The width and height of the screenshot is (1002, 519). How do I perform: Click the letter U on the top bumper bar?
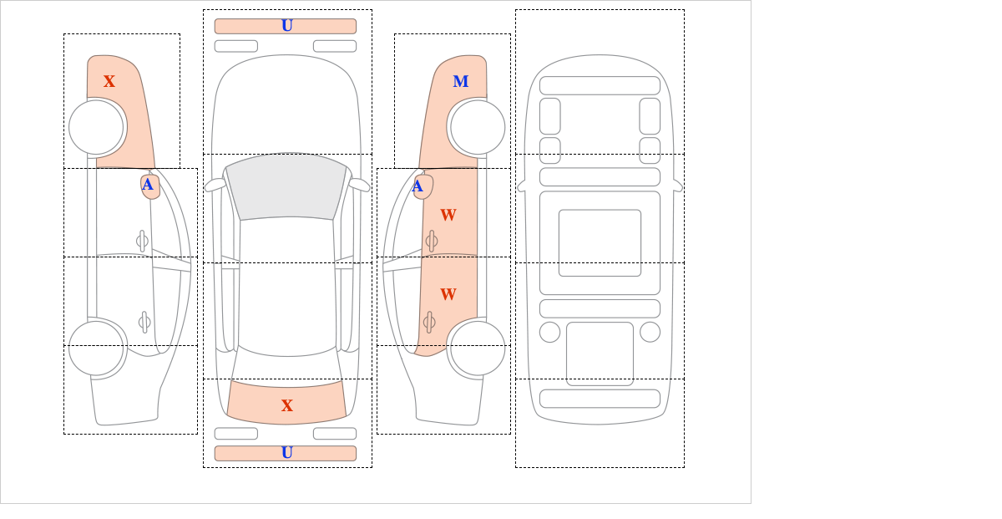(287, 26)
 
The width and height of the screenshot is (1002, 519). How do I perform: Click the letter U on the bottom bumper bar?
(287, 453)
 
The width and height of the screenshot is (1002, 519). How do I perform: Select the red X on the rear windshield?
(287, 406)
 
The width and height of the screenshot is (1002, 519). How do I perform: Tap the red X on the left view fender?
(109, 82)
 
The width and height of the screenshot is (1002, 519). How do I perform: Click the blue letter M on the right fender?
(460, 82)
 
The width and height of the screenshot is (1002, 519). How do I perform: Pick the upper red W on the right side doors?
(448, 216)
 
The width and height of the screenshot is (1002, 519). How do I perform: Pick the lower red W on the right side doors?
(448, 295)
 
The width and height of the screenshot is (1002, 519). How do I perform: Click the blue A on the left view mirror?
(148, 186)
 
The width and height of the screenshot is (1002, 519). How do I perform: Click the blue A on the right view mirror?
(418, 186)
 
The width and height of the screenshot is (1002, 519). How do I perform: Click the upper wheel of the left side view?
(97, 127)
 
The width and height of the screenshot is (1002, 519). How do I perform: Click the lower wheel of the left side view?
(97, 349)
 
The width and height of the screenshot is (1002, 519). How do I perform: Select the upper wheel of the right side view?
(477, 127)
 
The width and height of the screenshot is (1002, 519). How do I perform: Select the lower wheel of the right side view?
(477, 349)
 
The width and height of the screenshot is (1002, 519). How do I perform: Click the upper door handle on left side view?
(142, 242)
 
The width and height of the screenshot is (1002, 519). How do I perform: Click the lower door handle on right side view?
(429, 322)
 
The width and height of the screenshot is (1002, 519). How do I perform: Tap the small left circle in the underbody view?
(549, 332)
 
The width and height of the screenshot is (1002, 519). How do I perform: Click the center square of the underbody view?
(600, 243)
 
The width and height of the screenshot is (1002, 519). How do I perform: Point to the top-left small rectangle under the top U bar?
(236, 46)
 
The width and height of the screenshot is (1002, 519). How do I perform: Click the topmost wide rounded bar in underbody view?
(600, 85)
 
